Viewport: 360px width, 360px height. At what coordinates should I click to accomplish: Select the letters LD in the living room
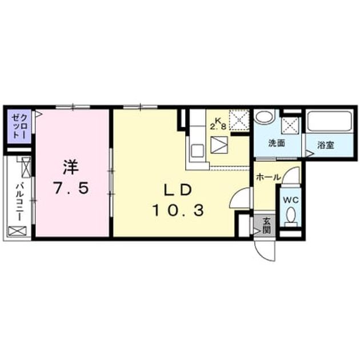point(178,190)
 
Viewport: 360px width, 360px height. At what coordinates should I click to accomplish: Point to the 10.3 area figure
point(178,210)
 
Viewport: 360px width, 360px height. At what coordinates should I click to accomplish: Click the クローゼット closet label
point(19,126)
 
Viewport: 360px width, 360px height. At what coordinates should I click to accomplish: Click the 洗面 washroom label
point(277,143)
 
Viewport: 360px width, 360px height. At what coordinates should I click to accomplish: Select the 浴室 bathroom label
point(326,145)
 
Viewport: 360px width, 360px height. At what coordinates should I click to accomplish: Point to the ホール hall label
point(268,177)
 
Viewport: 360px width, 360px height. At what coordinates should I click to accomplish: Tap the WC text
point(290,200)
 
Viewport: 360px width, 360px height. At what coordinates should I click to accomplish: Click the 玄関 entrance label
point(266,225)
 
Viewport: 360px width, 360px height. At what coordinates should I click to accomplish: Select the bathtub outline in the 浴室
point(330,122)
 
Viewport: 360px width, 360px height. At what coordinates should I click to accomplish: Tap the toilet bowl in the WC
point(291,215)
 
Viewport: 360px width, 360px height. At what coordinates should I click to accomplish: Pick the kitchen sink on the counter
point(197,151)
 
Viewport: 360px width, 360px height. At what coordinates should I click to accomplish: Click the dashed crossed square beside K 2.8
point(239,120)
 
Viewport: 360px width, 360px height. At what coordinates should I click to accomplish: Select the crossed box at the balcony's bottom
point(18,231)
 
